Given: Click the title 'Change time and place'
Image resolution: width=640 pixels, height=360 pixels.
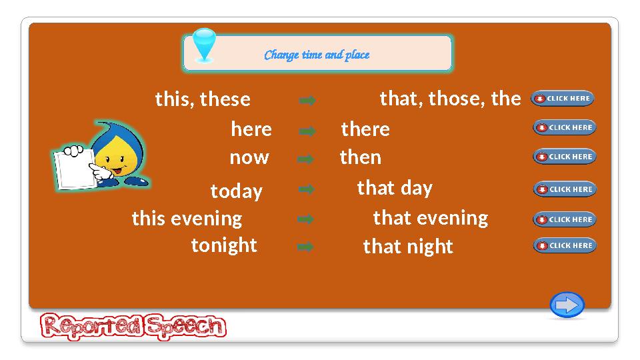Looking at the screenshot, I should coord(317,55).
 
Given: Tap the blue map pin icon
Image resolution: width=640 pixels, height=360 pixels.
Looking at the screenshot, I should coord(204,45).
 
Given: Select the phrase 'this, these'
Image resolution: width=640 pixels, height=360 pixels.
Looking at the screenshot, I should coord(203,99).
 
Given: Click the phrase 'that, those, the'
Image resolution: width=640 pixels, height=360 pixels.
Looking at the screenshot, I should coord(450,99).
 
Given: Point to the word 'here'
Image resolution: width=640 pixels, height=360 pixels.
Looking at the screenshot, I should coord(251,129).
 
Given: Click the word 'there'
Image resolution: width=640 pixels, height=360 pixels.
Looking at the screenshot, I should coord(365,129).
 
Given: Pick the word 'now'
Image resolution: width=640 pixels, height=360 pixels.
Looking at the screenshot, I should coord(249,157).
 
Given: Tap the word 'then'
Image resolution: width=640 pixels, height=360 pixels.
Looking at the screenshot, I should coord(361,157).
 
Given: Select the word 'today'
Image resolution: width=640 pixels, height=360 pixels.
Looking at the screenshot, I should coord(236,191).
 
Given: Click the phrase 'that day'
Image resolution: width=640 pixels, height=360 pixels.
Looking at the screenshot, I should coord(395,188).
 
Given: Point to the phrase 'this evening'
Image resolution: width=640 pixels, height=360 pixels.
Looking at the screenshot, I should coord(187,218).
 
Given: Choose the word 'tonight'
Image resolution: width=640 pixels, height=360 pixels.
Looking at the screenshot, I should coord(224,245).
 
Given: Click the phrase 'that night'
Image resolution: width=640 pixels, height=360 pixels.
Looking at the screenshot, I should coord(408,247).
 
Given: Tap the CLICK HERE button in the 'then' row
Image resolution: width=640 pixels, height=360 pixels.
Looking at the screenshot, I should coord(564,157).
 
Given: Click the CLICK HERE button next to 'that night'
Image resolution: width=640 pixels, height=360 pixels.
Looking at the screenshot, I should coord(564,245).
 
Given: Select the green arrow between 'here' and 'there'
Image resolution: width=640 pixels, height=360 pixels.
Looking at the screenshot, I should coord(307,131).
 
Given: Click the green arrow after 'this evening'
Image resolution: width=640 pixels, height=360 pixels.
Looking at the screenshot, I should coord(305,219).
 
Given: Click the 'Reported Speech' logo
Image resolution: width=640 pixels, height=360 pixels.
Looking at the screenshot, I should coord(133,327).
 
